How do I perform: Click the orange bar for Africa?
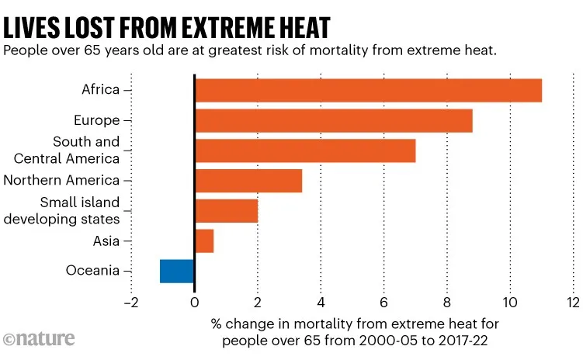pos(368,90)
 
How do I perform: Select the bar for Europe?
pos(334,120)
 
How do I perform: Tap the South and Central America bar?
pos(305,151)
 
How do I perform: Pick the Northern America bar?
pos(248,181)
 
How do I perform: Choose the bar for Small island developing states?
pos(226,211)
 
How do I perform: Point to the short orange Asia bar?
pos(204,241)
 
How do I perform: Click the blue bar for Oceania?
pos(177,271)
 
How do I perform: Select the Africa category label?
pos(100,89)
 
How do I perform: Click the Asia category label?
pos(106,241)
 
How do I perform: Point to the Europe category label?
pos(96,120)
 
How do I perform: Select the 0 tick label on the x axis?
pos(194,302)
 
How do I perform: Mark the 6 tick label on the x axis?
pos(383,302)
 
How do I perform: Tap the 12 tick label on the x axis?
pos(573,302)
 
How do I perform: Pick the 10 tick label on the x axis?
pos(510,302)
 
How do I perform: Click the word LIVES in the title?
pos(32,27)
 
